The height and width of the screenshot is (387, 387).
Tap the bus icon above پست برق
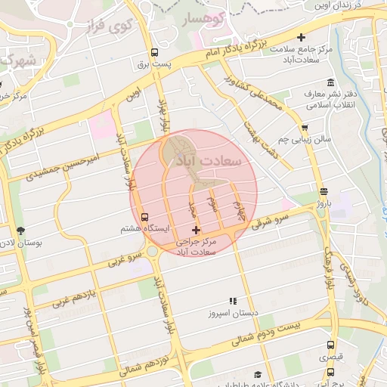click(x=154, y=53)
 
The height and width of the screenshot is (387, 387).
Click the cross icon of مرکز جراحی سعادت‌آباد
click(x=197, y=230)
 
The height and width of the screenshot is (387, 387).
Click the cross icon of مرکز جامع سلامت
click(x=301, y=37)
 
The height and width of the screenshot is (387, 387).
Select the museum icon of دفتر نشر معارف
click(x=330, y=82)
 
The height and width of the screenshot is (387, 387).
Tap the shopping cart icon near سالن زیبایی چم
click(x=305, y=128)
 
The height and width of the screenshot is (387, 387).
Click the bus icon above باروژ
click(x=324, y=191)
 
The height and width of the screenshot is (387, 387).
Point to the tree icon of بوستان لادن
click(x=20, y=231)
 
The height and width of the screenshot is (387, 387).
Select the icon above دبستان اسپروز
click(x=233, y=301)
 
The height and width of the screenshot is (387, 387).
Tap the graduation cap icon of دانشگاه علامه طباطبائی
click(x=258, y=375)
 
